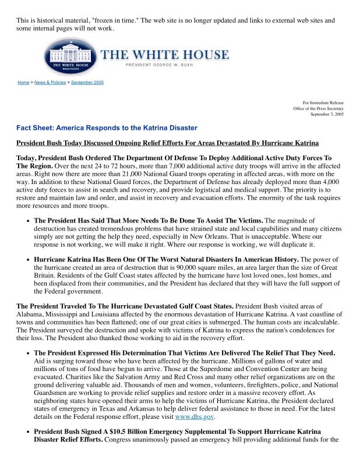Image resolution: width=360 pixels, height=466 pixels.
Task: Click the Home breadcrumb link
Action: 23,83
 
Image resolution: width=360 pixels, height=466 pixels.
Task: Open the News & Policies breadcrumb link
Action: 50,83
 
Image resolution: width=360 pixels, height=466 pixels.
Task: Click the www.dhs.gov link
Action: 195,417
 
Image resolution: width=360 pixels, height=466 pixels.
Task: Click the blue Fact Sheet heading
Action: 107,128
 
